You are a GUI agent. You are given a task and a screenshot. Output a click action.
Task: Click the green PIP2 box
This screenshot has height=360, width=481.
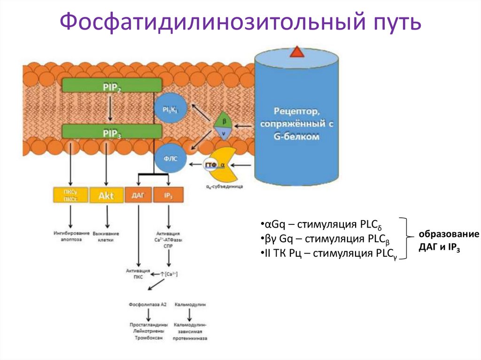pyautogui.click(x=112, y=84)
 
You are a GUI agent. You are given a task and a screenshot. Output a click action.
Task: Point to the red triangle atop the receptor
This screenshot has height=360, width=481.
pyautogui.click(x=297, y=51)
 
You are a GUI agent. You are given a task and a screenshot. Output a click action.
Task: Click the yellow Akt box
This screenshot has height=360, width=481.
pyautogui.click(x=106, y=195)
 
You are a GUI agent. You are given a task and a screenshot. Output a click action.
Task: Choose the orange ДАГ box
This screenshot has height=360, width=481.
pyautogui.click(x=139, y=195)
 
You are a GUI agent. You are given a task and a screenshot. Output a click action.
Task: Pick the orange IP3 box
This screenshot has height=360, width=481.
pyautogui.click(x=168, y=195)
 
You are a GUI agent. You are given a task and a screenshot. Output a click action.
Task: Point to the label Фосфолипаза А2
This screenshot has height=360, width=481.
pyautogui.click(x=148, y=305)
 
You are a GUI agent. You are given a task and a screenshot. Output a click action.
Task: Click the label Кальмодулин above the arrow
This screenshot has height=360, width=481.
pyautogui.click(x=190, y=305)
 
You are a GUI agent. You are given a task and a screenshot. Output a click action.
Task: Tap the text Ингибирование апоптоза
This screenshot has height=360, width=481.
pyautogui.click(x=71, y=236)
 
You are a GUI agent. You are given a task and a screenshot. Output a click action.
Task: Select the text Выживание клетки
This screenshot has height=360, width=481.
pyautogui.click(x=106, y=236)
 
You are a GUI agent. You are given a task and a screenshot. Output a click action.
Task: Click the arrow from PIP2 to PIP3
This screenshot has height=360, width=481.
pyautogui.click(x=109, y=107)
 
